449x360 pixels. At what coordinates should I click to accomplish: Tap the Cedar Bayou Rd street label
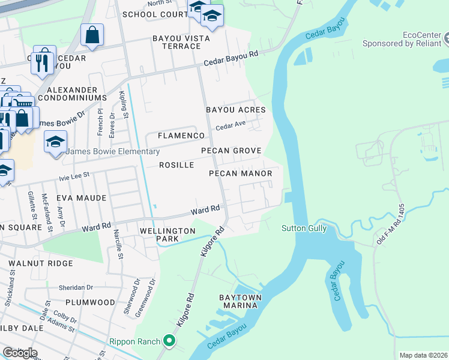point(231,58)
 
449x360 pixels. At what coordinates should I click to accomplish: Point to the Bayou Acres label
point(235,110)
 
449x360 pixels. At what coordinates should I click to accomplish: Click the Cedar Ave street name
point(231,126)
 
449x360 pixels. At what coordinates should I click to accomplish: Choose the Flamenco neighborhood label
point(182,136)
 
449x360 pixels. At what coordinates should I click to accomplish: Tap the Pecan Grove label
point(231,151)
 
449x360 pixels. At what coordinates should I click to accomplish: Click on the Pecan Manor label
point(240,173)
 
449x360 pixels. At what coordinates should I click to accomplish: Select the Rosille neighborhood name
point(176,164)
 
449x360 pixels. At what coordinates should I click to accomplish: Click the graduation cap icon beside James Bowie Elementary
point(55,143)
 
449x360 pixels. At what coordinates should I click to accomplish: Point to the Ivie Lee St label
point(74,175)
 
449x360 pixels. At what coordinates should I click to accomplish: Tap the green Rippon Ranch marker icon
point(170,341)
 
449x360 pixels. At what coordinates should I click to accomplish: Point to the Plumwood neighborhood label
point(90,302)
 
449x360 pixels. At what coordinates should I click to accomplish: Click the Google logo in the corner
point(20,353)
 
